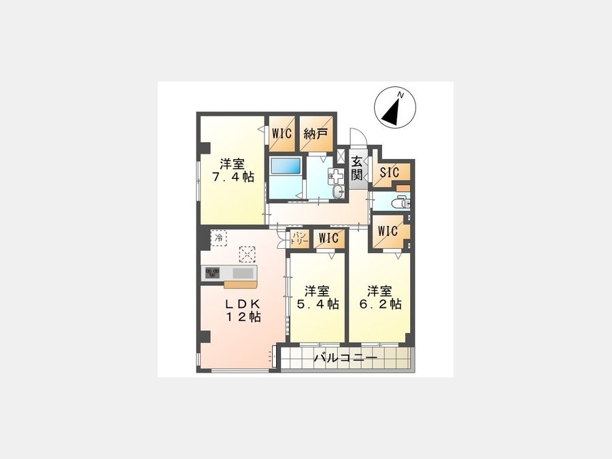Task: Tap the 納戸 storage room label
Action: [316, 133]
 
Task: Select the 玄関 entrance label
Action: [356, 168]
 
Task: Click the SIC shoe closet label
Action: [389, 172]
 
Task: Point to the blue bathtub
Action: [286, 167]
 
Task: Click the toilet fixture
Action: [401, 203]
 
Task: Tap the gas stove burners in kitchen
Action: [213, 272]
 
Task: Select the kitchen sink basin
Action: [242, 273]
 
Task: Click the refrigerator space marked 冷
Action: [219, 238]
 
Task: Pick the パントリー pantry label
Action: [300, 238]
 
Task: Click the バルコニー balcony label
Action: [346, 358]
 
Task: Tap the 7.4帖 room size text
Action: [233, 176]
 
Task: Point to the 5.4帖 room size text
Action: [318, 304]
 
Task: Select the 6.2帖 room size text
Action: [380, 304]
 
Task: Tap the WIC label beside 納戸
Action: [282, 133]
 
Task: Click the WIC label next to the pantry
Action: [328, 238]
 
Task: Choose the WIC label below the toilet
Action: [388, 231]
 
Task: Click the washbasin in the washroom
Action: [339, 192]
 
